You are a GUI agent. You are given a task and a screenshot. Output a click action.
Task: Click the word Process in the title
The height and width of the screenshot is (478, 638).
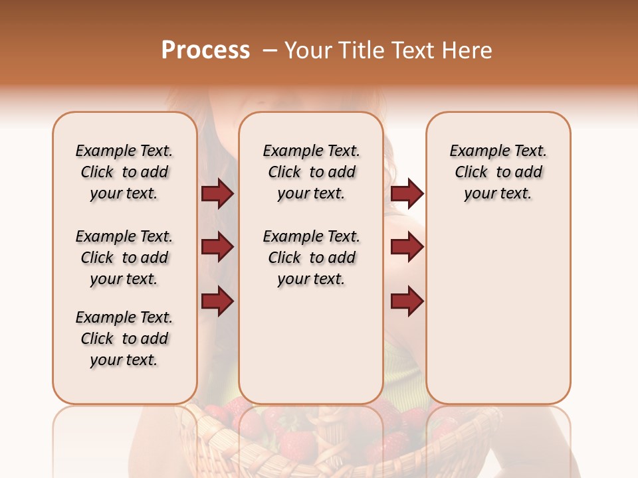click(x=205, y=50)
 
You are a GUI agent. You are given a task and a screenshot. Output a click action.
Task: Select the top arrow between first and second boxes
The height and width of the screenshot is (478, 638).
click(x=217, y=194)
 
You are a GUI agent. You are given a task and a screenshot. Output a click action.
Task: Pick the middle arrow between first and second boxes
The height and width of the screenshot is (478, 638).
click(x=217, y=248)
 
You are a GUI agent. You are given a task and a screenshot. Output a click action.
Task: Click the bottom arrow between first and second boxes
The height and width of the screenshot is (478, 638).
click(x=217, y=301)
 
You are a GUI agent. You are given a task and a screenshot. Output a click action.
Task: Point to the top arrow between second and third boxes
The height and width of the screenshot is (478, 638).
click(x=407, y=194)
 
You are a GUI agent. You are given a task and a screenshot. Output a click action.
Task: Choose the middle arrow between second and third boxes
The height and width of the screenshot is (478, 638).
click(x=407, y=248)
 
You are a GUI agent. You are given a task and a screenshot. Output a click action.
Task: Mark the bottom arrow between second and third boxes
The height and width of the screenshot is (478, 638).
click(x=407, y=301)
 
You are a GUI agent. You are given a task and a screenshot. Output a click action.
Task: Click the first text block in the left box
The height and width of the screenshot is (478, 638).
click(x=124, y=172)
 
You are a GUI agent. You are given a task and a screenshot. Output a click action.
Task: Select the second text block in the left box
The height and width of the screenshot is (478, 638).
click(x=124, y=258)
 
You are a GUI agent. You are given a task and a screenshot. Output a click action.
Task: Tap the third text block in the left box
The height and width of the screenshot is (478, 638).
click(x=124, y=339)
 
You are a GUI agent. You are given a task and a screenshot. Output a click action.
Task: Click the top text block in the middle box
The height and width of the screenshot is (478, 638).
click(x=311, y=172)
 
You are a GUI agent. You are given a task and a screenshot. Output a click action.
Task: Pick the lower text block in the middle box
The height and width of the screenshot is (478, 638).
click(x=311, y=258)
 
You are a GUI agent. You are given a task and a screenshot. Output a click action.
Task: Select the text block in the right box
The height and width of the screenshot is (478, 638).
click(x=498, y=172)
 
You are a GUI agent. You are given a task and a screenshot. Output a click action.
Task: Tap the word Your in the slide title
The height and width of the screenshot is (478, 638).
click(x=308, y=50)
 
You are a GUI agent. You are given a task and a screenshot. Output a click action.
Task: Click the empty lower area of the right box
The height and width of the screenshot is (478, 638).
click(x=498, y=312)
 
